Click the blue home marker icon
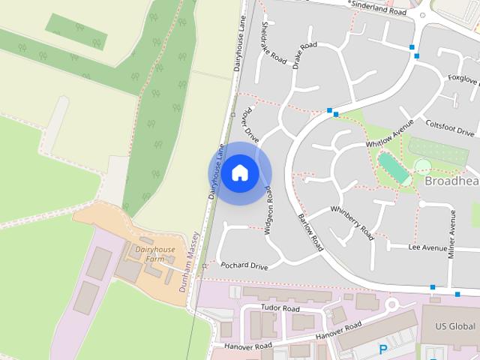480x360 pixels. [x=239, y=173]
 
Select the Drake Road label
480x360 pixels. [x=304, y=56]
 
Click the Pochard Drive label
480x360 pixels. [x=244, y=266]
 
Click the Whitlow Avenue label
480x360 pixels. [x=389, y=133]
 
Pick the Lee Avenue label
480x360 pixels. [x=427, y=247]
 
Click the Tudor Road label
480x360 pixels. [x=280, y=308]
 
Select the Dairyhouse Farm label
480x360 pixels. [x=154, y=253]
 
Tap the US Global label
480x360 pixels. [x=456, y=327]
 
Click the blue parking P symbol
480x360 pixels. [x=383, y=349]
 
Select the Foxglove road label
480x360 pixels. [x=463, y=77]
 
